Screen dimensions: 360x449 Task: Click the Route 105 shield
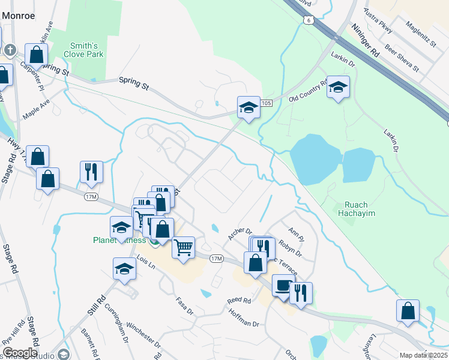(267, 104)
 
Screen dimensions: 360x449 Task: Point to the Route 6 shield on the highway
(308, 20)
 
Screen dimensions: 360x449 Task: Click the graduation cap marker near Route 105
(249, 108)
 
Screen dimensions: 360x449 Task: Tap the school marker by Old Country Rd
(338, 88)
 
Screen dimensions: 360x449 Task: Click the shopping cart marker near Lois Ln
(183, 247)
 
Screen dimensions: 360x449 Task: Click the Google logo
(20, 353)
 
